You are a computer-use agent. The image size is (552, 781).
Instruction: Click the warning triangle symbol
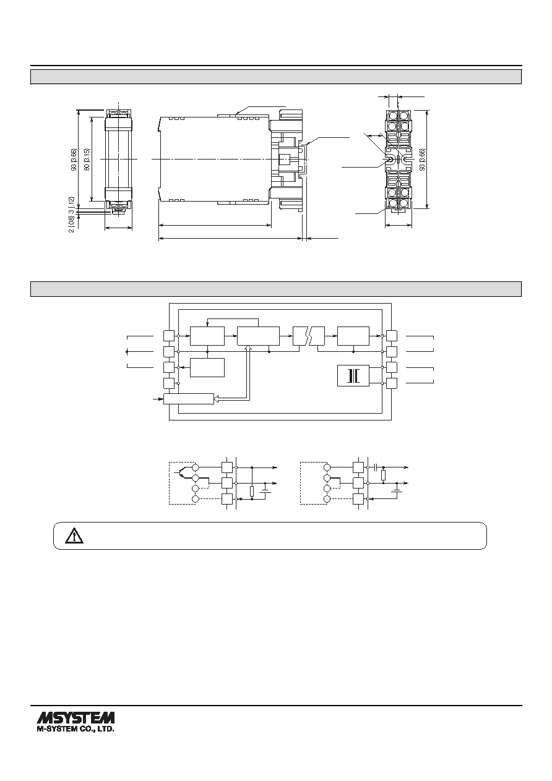pos(74,536)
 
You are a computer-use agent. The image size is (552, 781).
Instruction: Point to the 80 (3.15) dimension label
pos(87,160)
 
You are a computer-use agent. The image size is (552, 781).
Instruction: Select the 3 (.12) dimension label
pos(72,205)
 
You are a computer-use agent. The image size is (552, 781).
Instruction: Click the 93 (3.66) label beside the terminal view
pos(422,160)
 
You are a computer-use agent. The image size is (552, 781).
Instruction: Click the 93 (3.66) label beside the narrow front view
pos(74,160)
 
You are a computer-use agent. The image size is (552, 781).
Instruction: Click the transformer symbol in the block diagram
pos(353,375)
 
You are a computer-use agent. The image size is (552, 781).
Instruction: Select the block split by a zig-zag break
pos(309,336)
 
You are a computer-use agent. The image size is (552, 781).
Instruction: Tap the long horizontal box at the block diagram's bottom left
pos(188,399)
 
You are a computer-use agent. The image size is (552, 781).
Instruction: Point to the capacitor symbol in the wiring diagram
pos(376,467)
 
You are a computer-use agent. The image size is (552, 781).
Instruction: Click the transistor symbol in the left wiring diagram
pos(181,473)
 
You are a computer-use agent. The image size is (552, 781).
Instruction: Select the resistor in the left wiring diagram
pos(252,491)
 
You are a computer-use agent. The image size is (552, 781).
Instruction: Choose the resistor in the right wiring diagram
pos(383,476)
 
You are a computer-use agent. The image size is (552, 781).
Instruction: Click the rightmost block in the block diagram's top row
pos(353,336)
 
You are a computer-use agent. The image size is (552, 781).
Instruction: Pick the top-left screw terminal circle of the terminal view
pos(392,115)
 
